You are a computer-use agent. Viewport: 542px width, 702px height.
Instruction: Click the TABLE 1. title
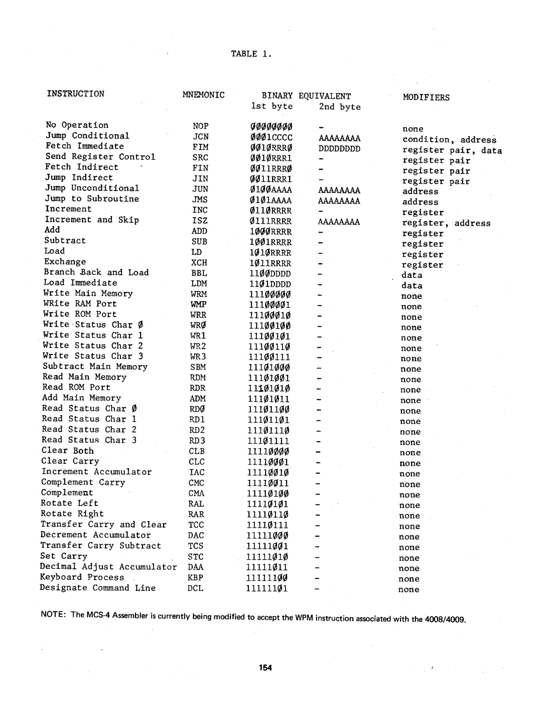coord(251,54)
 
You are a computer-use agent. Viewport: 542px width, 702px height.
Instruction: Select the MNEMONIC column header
coord(203,94)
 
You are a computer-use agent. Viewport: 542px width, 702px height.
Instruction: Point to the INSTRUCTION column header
coord(76,94)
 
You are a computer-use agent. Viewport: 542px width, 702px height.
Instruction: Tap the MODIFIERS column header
coord(426,97)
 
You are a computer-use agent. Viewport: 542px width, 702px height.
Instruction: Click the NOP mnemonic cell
coord(200,126)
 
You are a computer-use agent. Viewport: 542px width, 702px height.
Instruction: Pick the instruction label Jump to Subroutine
coord(92,198)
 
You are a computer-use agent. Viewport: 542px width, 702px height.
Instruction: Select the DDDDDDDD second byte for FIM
coord(339,149)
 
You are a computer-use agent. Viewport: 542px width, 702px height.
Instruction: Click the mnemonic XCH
coord(199,262)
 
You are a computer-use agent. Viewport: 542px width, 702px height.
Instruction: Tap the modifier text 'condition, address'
coord(449,140)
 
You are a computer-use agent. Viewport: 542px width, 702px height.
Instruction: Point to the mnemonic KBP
coord(196,578)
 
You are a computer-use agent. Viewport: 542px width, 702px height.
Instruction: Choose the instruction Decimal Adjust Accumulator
coord(108,567)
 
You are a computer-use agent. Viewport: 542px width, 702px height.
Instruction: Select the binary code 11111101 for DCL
coord(267,588)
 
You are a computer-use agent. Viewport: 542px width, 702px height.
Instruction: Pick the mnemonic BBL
coord(199,273)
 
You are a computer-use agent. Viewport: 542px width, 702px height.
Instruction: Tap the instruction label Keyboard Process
coord(82,577)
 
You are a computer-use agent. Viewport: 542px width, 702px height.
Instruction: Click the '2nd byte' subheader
coord(339,107)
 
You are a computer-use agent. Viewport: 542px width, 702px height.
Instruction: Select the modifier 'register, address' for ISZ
coord(446,223)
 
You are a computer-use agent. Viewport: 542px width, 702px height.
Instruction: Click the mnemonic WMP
coord(199,305)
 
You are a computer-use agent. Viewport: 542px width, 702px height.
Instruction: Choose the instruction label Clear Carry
coord(70,461)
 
